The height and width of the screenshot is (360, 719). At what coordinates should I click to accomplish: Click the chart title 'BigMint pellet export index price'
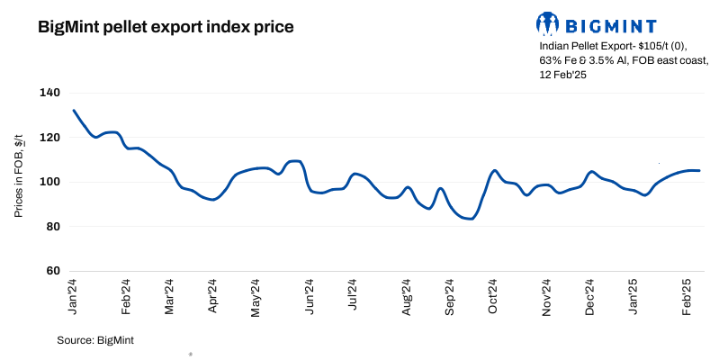pyautogui.click(x=166, y=27)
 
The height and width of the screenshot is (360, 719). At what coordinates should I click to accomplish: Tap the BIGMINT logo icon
pyautogui.click(x=548, y=23)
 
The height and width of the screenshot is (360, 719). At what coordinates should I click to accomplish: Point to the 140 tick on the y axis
pyautogui.click(x=49, y=93)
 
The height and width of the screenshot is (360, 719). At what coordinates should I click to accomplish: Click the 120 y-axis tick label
pyautogui.click(x=49, y=138)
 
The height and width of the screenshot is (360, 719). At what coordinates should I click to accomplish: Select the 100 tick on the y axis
pyautogui.click(x=49, y=182)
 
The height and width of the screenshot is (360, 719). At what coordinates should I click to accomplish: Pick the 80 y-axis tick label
pyautogui.click(x=51, y=227)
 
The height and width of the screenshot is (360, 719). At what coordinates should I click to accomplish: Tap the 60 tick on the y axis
pyautogui.click(x=51, y=271)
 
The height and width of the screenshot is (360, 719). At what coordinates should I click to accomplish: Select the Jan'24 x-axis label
pyautogui.click(x=74, y=295)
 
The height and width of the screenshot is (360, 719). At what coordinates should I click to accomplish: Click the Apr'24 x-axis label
pyautogui.click(x=213, y=295)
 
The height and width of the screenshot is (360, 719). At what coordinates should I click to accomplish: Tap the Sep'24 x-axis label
pyautogui.click(x=451, y=295)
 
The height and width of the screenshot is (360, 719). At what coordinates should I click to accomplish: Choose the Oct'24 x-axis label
pyautogui.click(x=493, y=295)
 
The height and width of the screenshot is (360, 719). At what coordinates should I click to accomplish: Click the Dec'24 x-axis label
pyautogui.click(x=591, y=295)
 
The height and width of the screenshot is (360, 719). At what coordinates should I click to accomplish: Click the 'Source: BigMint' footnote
pyautogui.click(x=95, y=340)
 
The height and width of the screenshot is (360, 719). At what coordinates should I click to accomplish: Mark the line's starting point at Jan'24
pyautogui.click(x=73, y=110)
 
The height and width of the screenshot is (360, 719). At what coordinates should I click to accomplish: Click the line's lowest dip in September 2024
pyautogui.click(x=470, y=219)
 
